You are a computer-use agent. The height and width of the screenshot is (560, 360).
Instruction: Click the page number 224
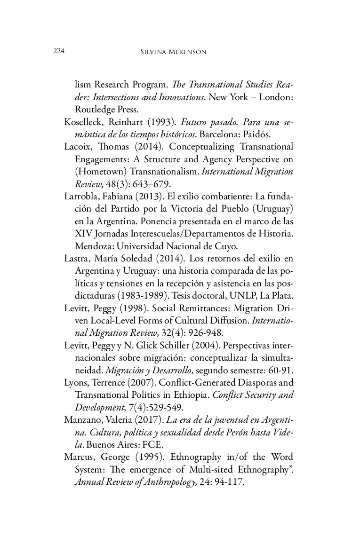pyautogui.click(x=58, y=51)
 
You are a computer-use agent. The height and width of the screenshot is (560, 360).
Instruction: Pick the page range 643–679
pyautogui.click(x=144, y=184)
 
